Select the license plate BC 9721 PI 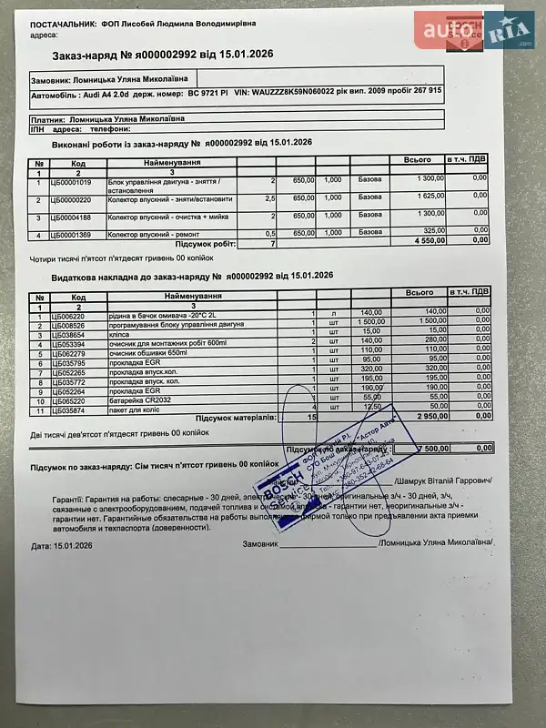click(x=207, y=91)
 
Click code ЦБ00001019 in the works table click(x=72, y=180)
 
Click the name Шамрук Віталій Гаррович click(x=449, y=480)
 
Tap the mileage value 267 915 click(x=424, y=90)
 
